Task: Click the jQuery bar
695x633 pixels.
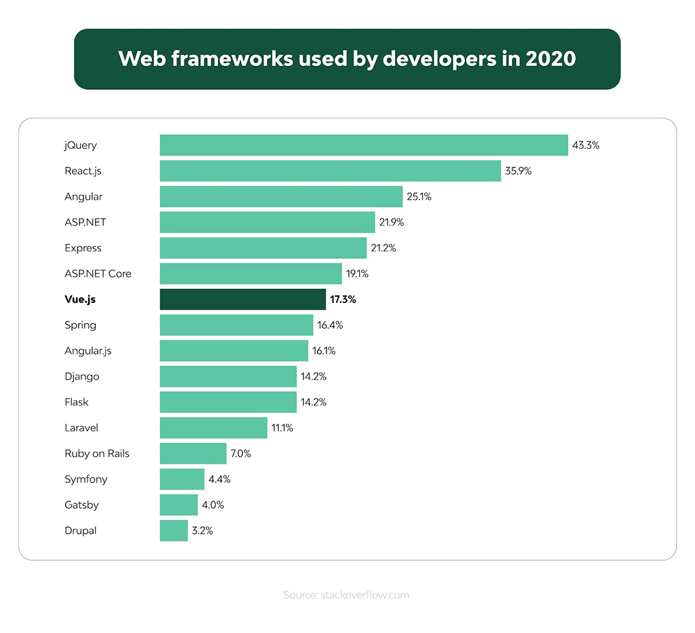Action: (x=364, y=145)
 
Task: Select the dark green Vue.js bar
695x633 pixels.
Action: (x=243, y=300)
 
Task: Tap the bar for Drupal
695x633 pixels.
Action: (x=174, y=530)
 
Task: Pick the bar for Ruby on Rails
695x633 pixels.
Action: (x=193, y=454)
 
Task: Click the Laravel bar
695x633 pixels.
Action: (x=213, y=428)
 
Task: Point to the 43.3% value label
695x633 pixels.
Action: (x=586, y=145)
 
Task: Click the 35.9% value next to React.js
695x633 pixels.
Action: (x=518, y=171)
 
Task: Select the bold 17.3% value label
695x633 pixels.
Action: (x=343, y=300)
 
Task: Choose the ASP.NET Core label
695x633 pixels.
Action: (x=98, y=274)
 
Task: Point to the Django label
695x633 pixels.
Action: (x=82, y=376)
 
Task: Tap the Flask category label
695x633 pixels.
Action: (x=77, y=402)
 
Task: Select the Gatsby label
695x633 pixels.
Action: (x=81, y=505)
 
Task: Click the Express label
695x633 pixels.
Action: (x=83, y=248)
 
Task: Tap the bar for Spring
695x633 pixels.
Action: (x=236, y=325)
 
